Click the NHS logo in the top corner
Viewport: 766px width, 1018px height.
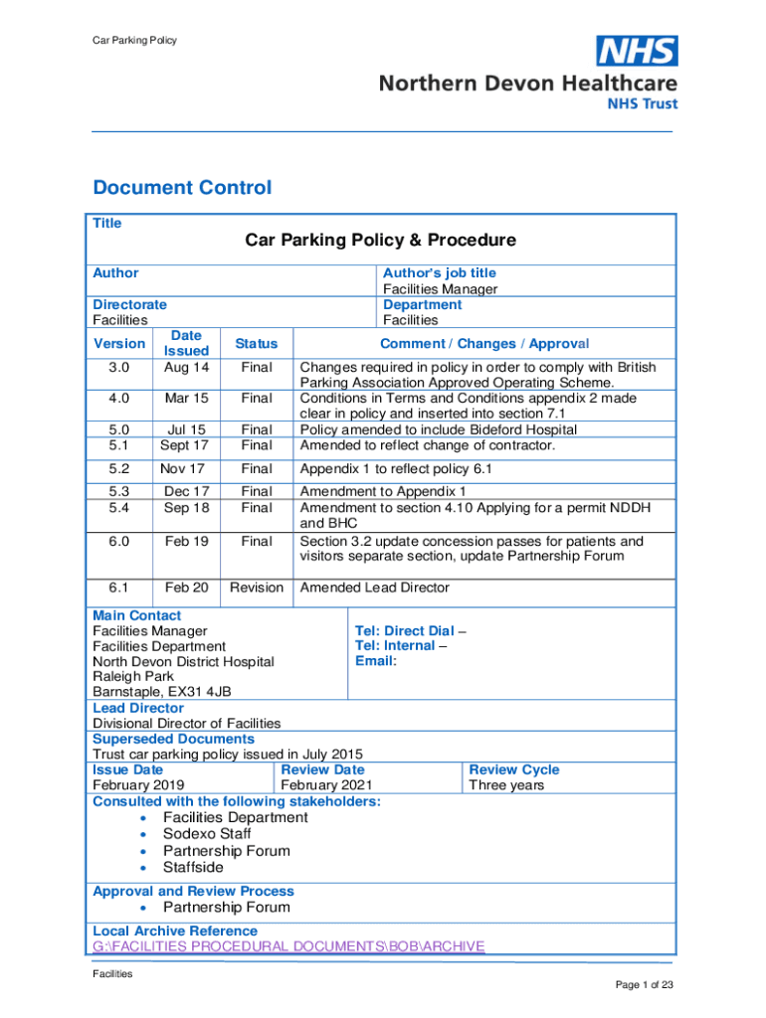(637, 51)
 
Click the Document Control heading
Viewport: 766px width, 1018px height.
(181, 188)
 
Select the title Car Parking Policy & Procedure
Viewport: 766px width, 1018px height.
(381, 240)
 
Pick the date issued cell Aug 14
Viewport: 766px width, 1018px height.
(186, 367)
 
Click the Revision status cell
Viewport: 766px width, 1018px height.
(257, 588)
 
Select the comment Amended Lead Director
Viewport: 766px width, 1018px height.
(374, 588)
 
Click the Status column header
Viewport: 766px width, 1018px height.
(257, 343)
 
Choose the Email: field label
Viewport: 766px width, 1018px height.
(375, 661)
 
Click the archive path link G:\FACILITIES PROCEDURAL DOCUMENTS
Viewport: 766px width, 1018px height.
(288, 945)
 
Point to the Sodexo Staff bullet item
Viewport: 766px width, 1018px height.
(207, 834)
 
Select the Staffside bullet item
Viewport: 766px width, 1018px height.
(193, 867)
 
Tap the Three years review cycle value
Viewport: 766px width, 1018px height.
(506, 785)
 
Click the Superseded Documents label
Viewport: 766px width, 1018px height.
(173, 739)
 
